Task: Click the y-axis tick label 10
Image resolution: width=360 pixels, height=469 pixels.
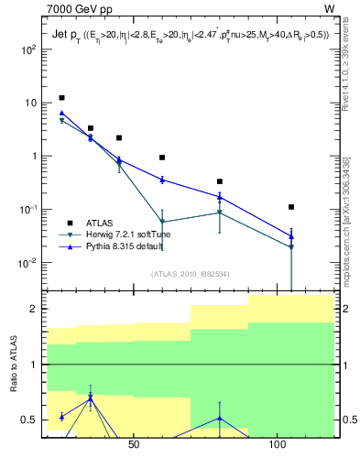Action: pyautogui.click(x=30, y=103)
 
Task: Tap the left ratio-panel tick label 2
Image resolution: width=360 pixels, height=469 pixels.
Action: pyautogui.click(x=33, y=309)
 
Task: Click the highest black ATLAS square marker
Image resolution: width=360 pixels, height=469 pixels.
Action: pyautogui.click(x=61, y=98)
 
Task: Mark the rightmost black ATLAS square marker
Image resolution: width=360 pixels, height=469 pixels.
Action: pyautogui.click(x=291, y=207)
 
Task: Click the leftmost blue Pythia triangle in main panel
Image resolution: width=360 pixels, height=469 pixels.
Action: pyautogui.click(x=61, y=113)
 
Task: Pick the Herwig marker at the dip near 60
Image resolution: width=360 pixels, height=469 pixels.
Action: pyautogui.click(x=162, y=222)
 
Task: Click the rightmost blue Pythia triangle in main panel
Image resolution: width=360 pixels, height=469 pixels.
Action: pyautogui.click(x=291, y=236)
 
